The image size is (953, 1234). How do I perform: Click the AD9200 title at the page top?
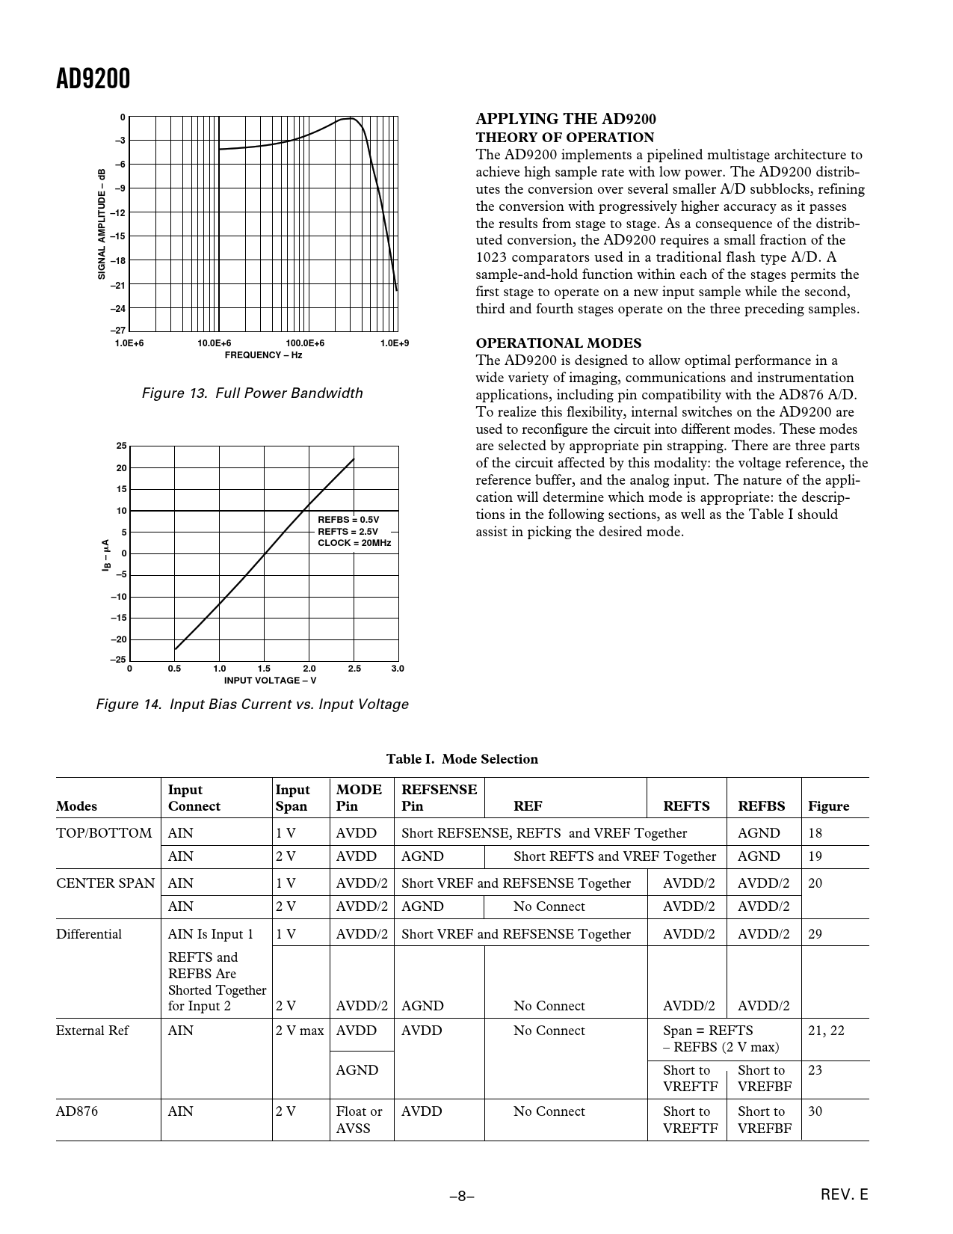pyautogui.click(x=93, y=79)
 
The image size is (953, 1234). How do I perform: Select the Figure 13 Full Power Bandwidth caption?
pyautogui.click(x=252, y=393)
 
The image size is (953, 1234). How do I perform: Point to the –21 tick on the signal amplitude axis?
pyautogui.click(x=118, y=285)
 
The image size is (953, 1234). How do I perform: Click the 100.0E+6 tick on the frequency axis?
pyautogui.click(x=306, y=343)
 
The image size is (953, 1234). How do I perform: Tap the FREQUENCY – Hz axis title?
pyautogui.click(x=263, y=354)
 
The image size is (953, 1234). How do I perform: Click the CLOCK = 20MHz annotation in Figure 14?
pyautogui.click(x=354, y=543)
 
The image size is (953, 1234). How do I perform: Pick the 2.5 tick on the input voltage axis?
pyautogui.click(x=354, y=669)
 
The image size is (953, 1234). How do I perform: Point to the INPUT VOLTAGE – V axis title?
pyautogui.click(x=270, y=681)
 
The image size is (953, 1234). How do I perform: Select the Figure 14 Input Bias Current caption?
pyautogui.click(x=252, y=705)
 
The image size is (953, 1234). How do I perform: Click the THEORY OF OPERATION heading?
pyautogui.click(x=565, y=138)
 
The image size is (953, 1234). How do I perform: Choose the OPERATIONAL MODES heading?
pyautogui.click(x=558, y=343)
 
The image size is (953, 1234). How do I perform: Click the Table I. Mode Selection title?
pyautogui.click(x=462, y=759)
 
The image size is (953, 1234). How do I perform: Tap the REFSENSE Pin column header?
pyautogui.click(x=439, y=798)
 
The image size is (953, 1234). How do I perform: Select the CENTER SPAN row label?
pyautogui.click(x=105, y=883)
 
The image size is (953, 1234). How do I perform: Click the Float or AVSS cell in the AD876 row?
pyautogui.click(x=359, y=1120)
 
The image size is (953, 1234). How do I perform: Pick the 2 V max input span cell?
pyautogui.click(x=300, y=1031)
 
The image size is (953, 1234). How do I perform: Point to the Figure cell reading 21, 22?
pyautogui.click(x=826, y=1031)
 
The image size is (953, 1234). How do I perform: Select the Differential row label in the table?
pyautogui.click(x=89, y=934)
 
